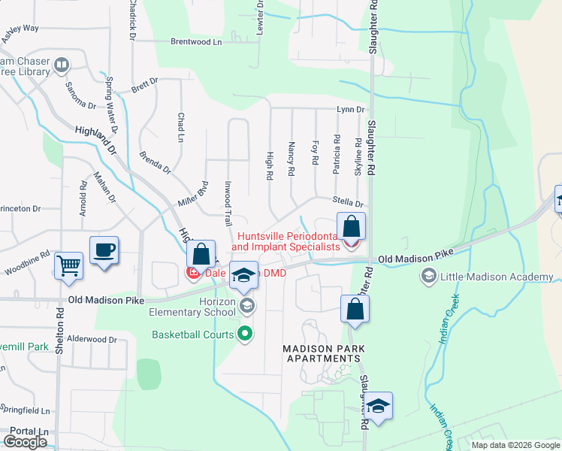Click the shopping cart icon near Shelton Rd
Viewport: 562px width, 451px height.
pyautogui.click(x=68, y=265)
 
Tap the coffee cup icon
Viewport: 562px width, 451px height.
pyautogui.click(x=104, y=250)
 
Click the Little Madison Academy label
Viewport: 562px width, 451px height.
pyautogui.click(x=474, y=276)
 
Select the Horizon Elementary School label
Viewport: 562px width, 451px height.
pyautogui.click(x=192, y=306)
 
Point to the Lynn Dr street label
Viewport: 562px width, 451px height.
pyautogui.click(x=350, y=110)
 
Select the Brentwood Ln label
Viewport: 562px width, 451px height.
pyautogui.click(x=197, y=42)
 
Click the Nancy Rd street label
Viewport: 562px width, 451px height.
pyautogui.click(x=291, y=159)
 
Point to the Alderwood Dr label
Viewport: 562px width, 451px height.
pyautogui.click(x=92, y=339)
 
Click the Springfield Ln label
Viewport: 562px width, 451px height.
pyautogui.click(x=25, y=411)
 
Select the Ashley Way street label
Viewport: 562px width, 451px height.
pyautogui.click(x=20, y=29)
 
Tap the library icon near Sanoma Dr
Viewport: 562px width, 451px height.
pyautogui.click(x=62, y=67)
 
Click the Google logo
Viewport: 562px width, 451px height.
pyautogui.click(x=25, y=441)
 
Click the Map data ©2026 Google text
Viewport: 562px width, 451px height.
pyautogui.click(x=515, y=445)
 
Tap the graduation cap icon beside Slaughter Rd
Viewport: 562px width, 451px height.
pyautogui.click(x=379, y=407)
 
